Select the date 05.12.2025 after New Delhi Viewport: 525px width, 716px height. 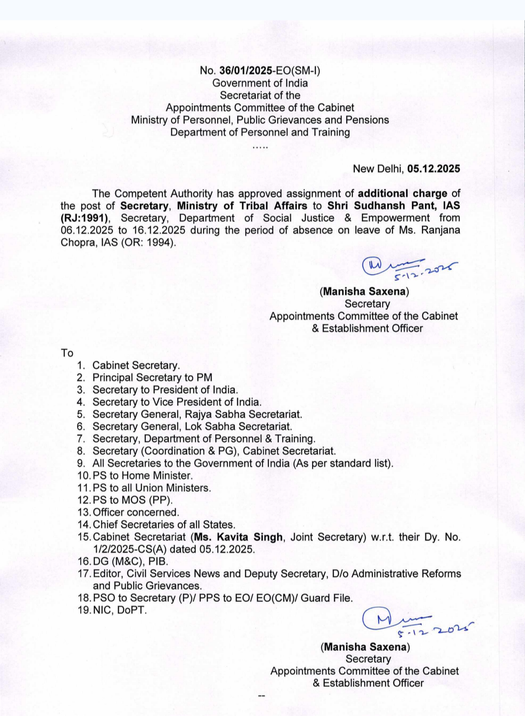433,169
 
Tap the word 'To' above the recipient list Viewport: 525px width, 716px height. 67,353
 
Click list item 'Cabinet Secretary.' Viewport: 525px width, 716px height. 136,366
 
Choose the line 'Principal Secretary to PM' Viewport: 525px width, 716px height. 152,378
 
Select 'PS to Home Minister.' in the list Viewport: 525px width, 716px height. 142,476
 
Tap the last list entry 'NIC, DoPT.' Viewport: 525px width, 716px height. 120,610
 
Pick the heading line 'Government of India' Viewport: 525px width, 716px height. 260,83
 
